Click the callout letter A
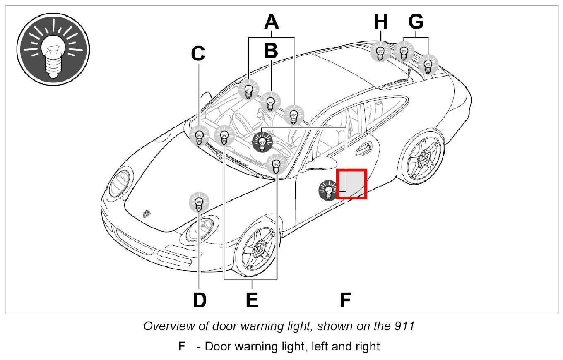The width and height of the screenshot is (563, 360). (271, 22)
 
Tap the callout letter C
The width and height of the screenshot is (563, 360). (199, 53)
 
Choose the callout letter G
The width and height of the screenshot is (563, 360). (416, 22)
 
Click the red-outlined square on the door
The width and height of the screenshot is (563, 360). (351, 184)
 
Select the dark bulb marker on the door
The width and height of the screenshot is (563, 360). (328, 191)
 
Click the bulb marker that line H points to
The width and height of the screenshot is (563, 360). (380, 52)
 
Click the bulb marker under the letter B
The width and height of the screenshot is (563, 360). (271, 102)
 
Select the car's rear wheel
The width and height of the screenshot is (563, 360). (423, 156)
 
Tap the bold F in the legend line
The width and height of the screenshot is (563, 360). (181, 346)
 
